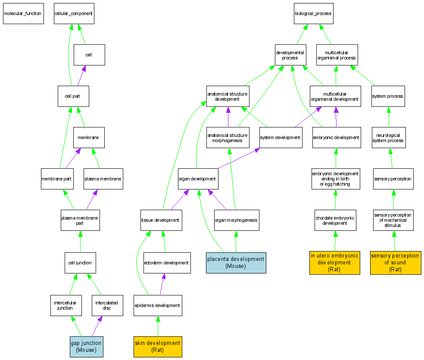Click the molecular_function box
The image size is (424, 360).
pyautogui.click(x=23, y=13)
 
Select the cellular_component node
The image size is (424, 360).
pyautogui.click(x=74, y=13)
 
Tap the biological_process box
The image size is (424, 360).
pyautogui.click(x=313, y=13)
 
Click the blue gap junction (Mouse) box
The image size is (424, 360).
pyautogui.click(x=86, y=347)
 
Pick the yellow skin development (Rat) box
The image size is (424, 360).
pyautogui.click(x=158, y=347)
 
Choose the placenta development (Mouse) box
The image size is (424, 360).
pyautogui.click(x=236, y=263)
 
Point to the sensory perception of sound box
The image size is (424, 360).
pyautogui.click(x=395, y=263)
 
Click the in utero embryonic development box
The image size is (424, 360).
pyautogui.click(x=334, y=263)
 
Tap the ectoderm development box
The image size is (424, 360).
pyautogui.click(x=167, y=263)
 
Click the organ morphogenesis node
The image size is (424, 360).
pyautogui.click(x=236, y=220)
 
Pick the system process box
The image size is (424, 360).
pyautogui.click(x=388, y=96)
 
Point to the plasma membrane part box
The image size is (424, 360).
pyautogui.click(x=80, y=220)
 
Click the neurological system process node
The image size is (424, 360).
pyautogui.click(x=389, y=138)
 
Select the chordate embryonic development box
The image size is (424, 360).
pyautogui.click(x=335, y=220)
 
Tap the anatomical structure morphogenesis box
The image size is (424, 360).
pyautogui.click(x=228, y=138)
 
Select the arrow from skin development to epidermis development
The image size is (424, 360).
pyautogui.click(x=158, y=326)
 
